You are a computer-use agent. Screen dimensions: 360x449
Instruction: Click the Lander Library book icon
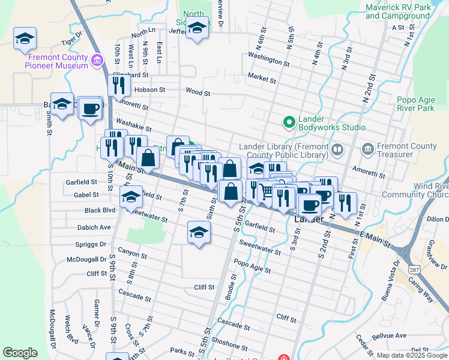point(337,149)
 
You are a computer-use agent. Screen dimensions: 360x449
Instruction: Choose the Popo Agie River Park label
point(415,104)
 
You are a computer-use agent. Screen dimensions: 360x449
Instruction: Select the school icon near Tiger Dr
point(25,39)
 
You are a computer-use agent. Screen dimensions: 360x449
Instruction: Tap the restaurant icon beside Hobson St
point(119,86)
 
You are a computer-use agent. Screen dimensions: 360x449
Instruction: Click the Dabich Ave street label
point(94,227)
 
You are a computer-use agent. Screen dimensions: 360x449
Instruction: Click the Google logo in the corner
point(20,353)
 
